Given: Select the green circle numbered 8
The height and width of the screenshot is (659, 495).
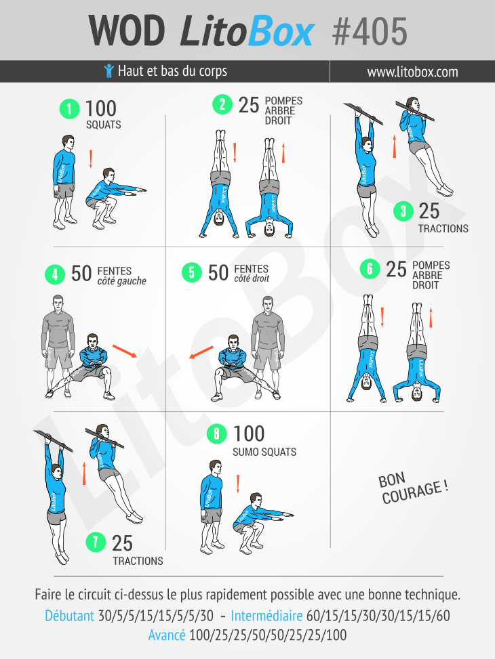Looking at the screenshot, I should (217, 433).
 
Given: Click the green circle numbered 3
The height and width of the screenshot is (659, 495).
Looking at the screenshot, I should (403, 211).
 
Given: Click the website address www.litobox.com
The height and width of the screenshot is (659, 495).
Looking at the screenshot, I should (412, 72).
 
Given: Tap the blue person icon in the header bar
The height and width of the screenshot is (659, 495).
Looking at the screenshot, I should (108, 71).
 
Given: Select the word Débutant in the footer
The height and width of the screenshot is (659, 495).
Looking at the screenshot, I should (69, 616).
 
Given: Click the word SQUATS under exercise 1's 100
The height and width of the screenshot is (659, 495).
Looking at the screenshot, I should (103, 125).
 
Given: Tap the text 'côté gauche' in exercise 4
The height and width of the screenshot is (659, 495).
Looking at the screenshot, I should (121, 281).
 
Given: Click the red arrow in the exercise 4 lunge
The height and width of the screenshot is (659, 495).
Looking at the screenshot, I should (125, 351).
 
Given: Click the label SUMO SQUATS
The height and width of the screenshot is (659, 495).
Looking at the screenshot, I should (264, 452).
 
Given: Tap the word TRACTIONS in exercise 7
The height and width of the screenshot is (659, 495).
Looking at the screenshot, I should (138, 561).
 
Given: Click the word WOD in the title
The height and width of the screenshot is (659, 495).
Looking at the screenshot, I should (126, 31).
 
